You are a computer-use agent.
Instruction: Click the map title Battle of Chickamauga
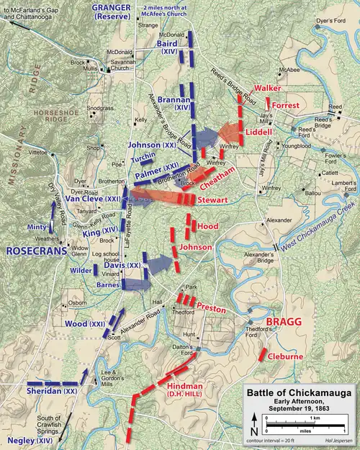(x=300, y=392)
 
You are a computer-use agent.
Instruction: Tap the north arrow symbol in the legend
(x=253, y=424)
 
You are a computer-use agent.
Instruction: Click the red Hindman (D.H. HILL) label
(x=186, y=390)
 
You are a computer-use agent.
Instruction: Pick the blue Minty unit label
(x=37, y=228)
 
